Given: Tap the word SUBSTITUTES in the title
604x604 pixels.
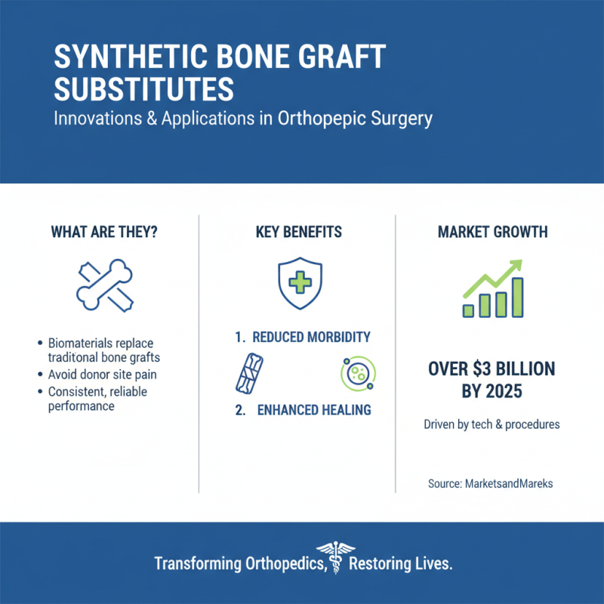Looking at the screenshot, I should pos(143,91).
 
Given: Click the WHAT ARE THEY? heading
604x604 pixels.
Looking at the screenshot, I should pos(104,233).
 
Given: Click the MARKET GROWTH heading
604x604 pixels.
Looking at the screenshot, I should pos(492,233).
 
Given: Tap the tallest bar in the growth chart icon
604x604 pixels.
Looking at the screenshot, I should pos(518,297).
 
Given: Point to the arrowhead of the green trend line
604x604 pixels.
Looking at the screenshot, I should pos(516,266).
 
